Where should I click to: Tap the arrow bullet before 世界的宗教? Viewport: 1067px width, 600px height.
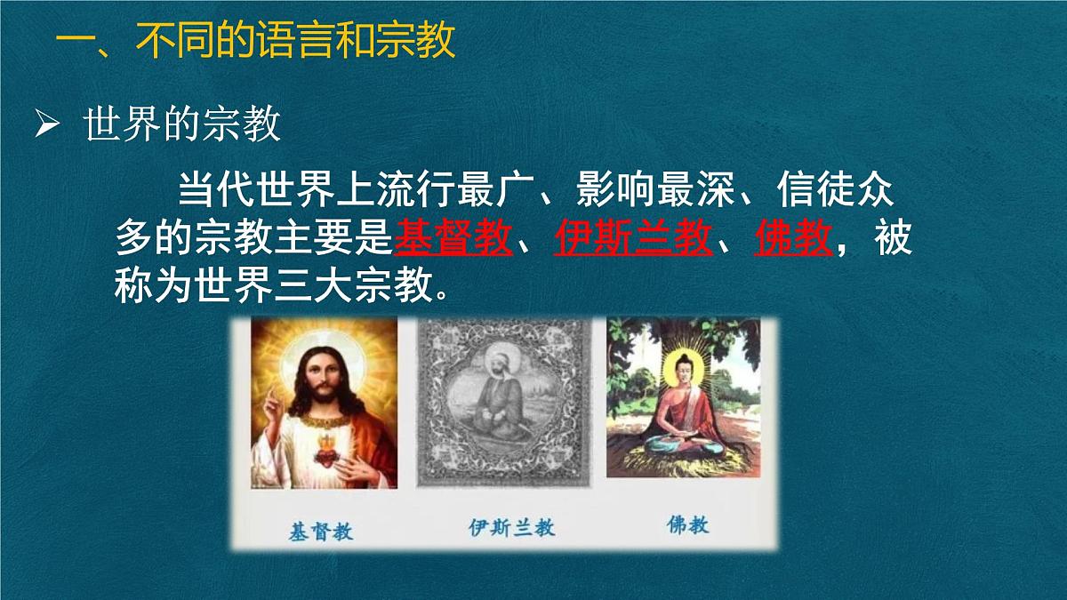[x=44, y=126]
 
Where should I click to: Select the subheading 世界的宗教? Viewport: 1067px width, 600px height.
[x=182, y=126]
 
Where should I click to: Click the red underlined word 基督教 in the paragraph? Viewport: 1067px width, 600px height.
[x=453, y=237]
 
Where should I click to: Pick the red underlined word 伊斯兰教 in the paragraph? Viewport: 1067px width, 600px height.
[x=633, y=237]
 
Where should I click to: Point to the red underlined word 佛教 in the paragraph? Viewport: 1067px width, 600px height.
[x=793, y=237]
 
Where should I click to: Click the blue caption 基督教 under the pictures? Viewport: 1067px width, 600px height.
[x=321, y=531]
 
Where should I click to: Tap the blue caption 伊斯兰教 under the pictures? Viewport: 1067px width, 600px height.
[x=511, y=528]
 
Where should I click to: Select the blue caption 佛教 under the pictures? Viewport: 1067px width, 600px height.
[x=687, y=525]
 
